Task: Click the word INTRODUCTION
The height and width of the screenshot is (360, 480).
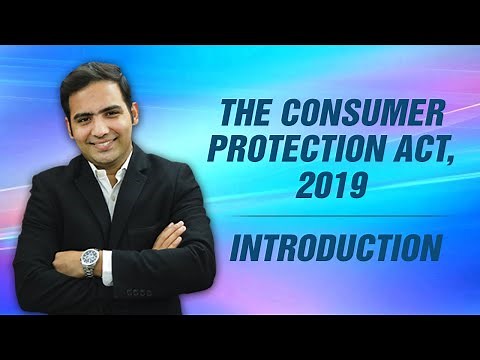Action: (336, 246)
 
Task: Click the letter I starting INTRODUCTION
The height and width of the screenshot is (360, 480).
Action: (235, 246)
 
